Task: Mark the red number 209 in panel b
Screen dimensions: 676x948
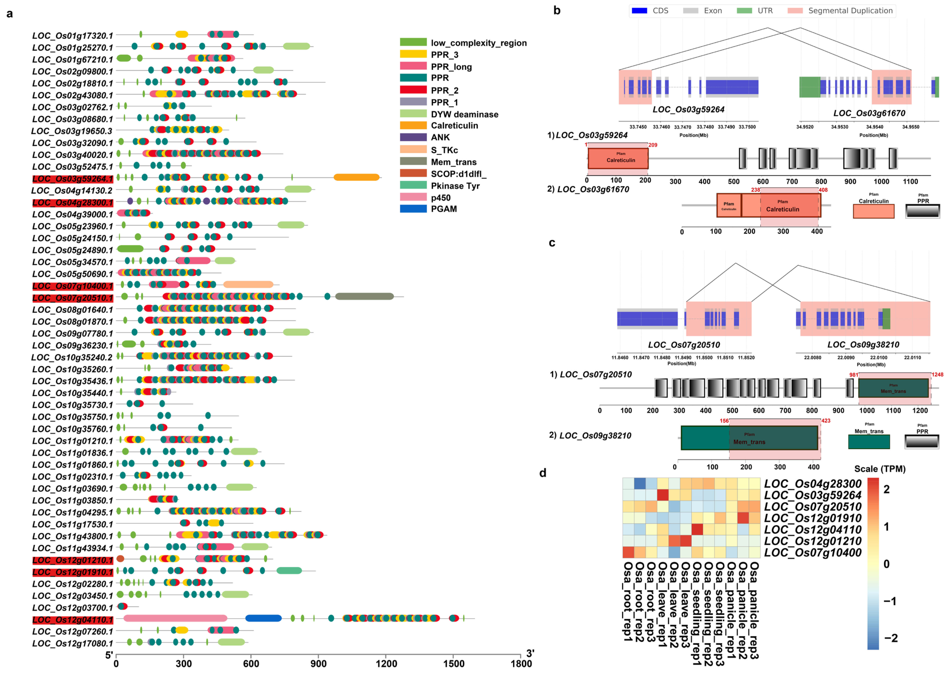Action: pyautogui.click(x=653, y=145)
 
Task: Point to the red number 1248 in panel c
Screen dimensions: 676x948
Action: pyautogui.click(x=937, y=375)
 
